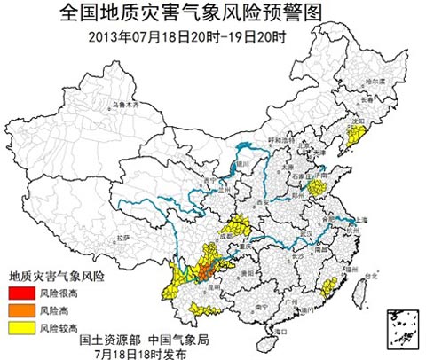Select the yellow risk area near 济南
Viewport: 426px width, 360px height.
click(334, 188)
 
